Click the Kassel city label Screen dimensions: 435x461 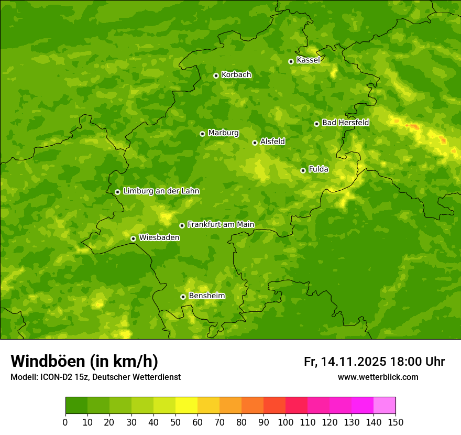pyautogui.click(x=308, y=60)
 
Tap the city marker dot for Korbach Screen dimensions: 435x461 pyautogui.click(x=216, y=75)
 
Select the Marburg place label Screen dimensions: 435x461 pyautogui.click(x=223, y=133)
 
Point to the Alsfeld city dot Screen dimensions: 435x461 pyautogui.click(x=255, y=143)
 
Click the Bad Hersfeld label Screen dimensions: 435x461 pyautogui.click(x=345, y=123)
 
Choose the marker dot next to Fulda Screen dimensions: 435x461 pyautogui.click(x=303, y=170)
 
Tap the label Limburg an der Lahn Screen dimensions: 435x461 pyautogui.click(x=161, y=191)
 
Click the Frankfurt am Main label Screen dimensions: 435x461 pyautogui.click(x=221, y=225)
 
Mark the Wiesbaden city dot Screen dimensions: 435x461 pyautogui.click(x=133, y=238)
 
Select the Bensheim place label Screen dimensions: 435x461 pyautogui.click(x=206, y=296)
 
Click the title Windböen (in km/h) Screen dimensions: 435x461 pyautogui.click(x=84, y=362)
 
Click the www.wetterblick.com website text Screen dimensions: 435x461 pyautogui.click(x=378, y=377)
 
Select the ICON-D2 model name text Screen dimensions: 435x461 pyautogui.click(x=59, y=377)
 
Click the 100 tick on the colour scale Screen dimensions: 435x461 pyautogui.click(x=286, y=422)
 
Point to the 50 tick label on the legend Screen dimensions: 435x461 pyautogui.click(x=175, y=422)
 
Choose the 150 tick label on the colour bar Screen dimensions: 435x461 pyautogui.click(x=396, y=422)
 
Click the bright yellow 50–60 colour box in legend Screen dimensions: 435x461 pyautogui.click(x=186, y=406)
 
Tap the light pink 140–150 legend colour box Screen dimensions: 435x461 pyautogui.click(x=385, y=406)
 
